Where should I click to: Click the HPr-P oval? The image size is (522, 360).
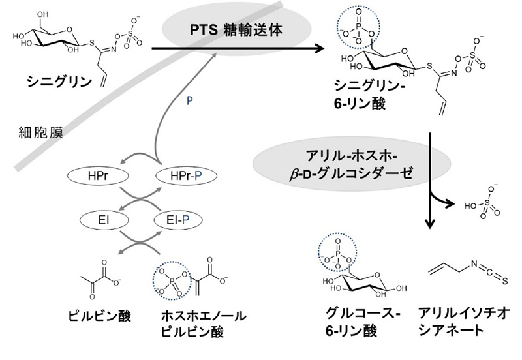pos(184,177)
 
